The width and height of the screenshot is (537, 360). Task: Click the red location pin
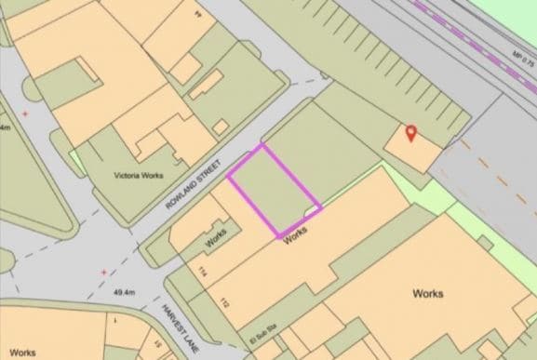coord(410,134)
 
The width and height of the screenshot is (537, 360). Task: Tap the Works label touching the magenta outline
coord(295,236)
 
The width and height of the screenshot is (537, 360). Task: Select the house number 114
coord(202,272)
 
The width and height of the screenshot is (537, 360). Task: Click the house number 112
coord(224,301)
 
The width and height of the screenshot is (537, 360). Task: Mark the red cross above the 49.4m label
coord(103,272)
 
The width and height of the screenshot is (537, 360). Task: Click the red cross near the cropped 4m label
coord(25,113)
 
